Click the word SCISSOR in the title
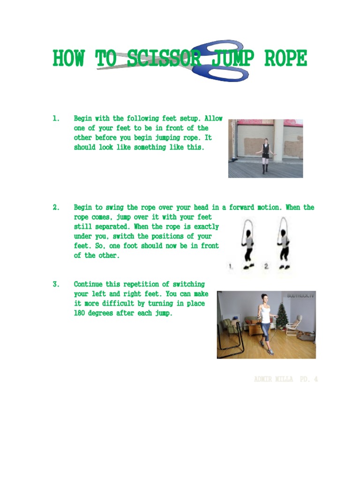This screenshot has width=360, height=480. click(x=164, y=59)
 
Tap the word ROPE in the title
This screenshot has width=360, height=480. click(x=286, y=59)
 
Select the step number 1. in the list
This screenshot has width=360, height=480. click(x=56, y=119)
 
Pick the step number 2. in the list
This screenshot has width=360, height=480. click(x=56, y=207)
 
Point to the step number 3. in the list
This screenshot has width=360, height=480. click(x=56, y=284)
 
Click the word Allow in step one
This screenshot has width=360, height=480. click(x=212, y=119)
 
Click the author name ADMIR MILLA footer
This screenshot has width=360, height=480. click(x=273, y=379)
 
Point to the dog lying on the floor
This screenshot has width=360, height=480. click(x=305, y=335)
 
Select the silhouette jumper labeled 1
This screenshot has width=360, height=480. click(x=247, y=244)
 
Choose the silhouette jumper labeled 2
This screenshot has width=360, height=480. click(x=283, y=244)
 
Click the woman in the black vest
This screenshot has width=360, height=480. click(x=266, y=155)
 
